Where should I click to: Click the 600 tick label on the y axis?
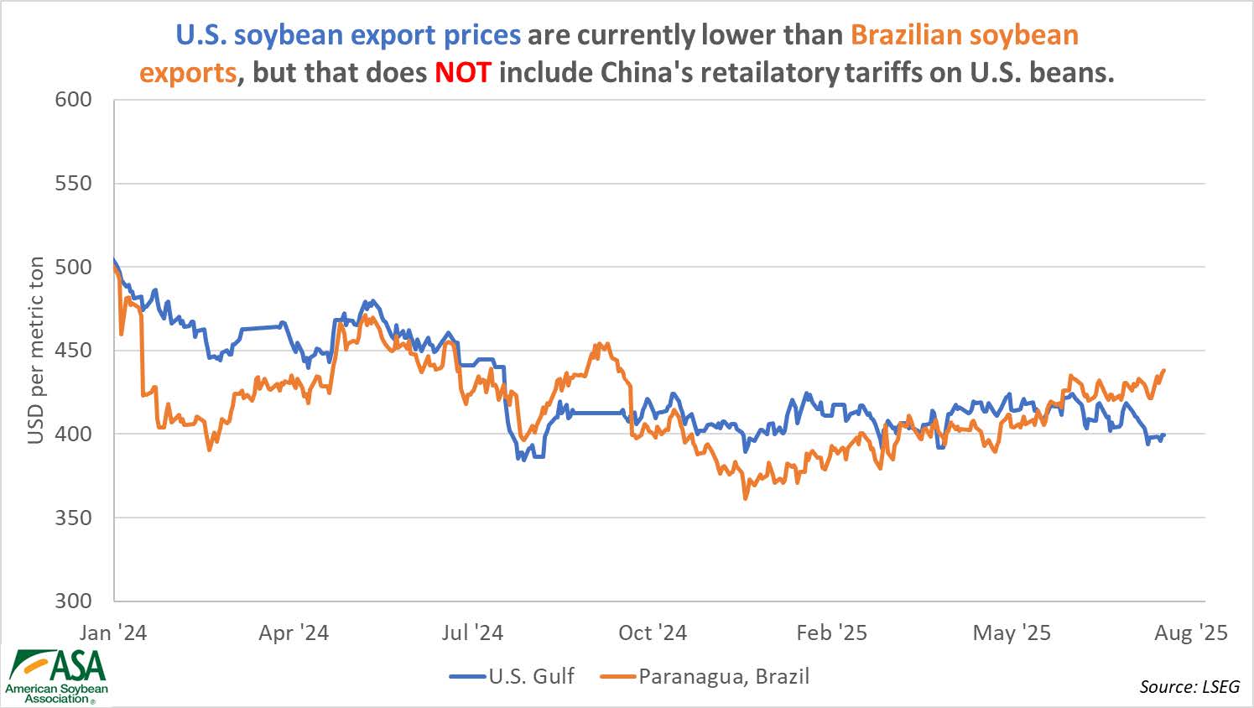click(x=73, y=100)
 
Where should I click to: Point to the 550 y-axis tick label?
click(x=73, y=184)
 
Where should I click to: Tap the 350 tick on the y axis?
click(x=73, y=518)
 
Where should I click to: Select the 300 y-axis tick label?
click(x=73, y=601)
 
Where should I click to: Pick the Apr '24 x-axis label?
click(x=294, y=633)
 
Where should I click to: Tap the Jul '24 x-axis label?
click(x=472, y=633)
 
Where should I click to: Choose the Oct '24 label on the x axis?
click(x=653, y=633)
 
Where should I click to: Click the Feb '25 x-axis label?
click(x=832, y=633)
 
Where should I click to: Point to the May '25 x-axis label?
click(x=1012, y=633)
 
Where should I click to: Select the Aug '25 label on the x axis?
click(x=1191, y=633)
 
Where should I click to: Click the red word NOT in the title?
click(x=462, y=73)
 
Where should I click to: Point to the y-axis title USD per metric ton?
click(x=35, y=351)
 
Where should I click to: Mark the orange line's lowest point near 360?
click(x=745, y=498)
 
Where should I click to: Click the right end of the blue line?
click(x=1164, y=435)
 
